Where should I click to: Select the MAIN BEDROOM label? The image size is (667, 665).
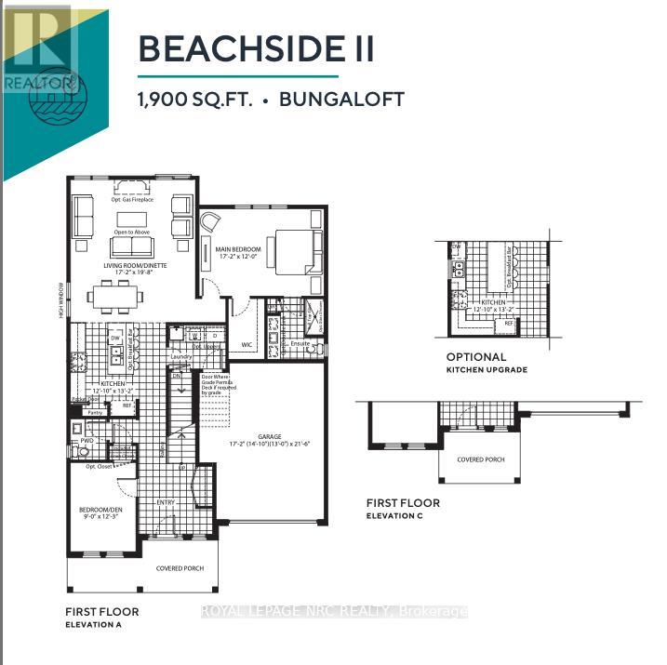click(x=239, y=250)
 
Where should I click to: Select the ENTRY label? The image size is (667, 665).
click(x=166, y=502)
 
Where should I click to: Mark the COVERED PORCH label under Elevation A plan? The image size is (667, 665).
click(x=180, y=568)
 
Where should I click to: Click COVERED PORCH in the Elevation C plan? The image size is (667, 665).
click(x=481, y=459)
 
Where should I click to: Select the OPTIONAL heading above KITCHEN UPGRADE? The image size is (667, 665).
click(x=476, y=357)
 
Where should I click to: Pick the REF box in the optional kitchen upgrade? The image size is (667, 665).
click(x=509, y=323)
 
